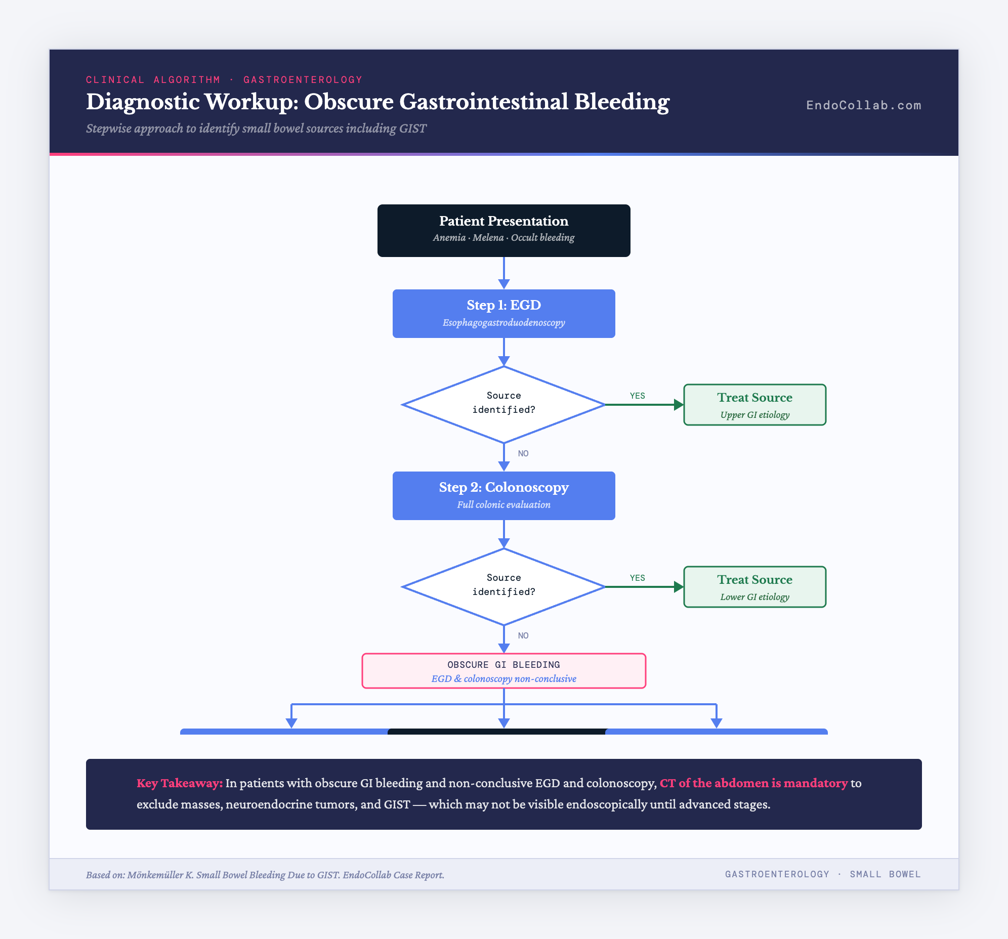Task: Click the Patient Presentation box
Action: pyautogui.click(x=503, y=230)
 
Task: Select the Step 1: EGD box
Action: pyautogui.click(x=503, y=313)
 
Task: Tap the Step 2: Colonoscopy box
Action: pyautogui.click(x=503, y=495)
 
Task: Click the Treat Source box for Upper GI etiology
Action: pyautogui.click(x=754, y=405)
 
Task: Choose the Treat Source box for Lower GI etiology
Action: pyautogui.click(x=754, y=586)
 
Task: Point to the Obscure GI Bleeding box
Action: pyautogui.click(x=503, y=671)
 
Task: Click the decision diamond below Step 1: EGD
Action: pyautogui.click(x=503, y=404)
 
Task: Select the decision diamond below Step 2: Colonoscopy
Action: pyautogui.click(x=503, y=586)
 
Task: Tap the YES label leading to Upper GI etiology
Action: pyautogui.click(x=638, y=396)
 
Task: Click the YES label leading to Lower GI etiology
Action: pyautogui.click(x=638, y=578)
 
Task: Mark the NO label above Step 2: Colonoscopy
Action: pyautogui.click(x=523, y=454)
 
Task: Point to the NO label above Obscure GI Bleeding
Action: pyautogui.click(x=523, y=636)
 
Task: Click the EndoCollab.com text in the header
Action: pyautogui.click(x=863, y=105)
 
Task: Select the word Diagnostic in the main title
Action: pyautogui.click(x=143, y=102)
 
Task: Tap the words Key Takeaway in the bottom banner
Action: pyautogui.click(x=180, y=783)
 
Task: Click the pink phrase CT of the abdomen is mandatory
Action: pyautogui.click(x=753, y=783)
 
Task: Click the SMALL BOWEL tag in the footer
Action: pyautogui.click(x=886, y=875)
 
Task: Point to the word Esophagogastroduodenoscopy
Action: pyautogui.click(x=503, y=323)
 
